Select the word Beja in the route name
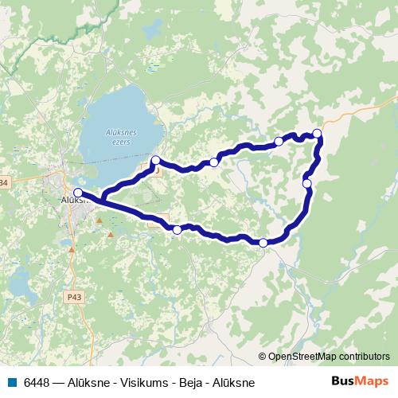188,383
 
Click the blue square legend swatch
11,383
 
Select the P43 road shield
75,296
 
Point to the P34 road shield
3,183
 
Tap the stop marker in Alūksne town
78,193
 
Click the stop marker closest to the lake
156,160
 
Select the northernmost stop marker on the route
318,133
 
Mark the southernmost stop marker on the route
263,242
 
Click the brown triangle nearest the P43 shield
72,250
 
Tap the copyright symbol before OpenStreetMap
262,357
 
